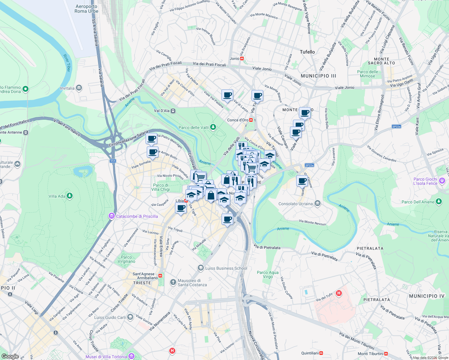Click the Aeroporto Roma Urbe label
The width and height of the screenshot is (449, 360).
pos(86,9)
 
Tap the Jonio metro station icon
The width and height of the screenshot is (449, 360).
pos(242,58)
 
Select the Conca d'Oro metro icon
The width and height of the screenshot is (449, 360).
pos(251,120)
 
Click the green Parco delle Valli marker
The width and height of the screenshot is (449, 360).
pos(213,127)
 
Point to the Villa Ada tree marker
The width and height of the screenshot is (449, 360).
pos(70,196)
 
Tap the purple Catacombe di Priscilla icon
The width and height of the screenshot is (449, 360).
pos(112,216)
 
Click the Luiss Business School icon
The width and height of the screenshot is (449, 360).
pos(200,268)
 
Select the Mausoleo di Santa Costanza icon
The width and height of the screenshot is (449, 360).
pos(173,282)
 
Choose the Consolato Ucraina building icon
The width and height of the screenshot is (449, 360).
pos(318,204)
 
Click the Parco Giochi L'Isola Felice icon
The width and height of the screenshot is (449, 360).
pos(442,181)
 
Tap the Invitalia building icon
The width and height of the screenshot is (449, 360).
pos(79,88)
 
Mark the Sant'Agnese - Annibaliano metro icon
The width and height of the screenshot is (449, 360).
pos(161,275)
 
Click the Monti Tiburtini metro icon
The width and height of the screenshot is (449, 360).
pos(386,354)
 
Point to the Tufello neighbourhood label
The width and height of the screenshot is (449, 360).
pos(307,52)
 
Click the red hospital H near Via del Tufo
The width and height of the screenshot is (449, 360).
pos(339,293)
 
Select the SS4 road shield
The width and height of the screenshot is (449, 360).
pos(113,161)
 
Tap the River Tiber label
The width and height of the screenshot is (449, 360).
pos(67,63)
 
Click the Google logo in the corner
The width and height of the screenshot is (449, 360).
pos(10,356)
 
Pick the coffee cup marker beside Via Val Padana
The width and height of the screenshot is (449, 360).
pos(227,95)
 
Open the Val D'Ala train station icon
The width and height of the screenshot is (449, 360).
pos(173,111)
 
